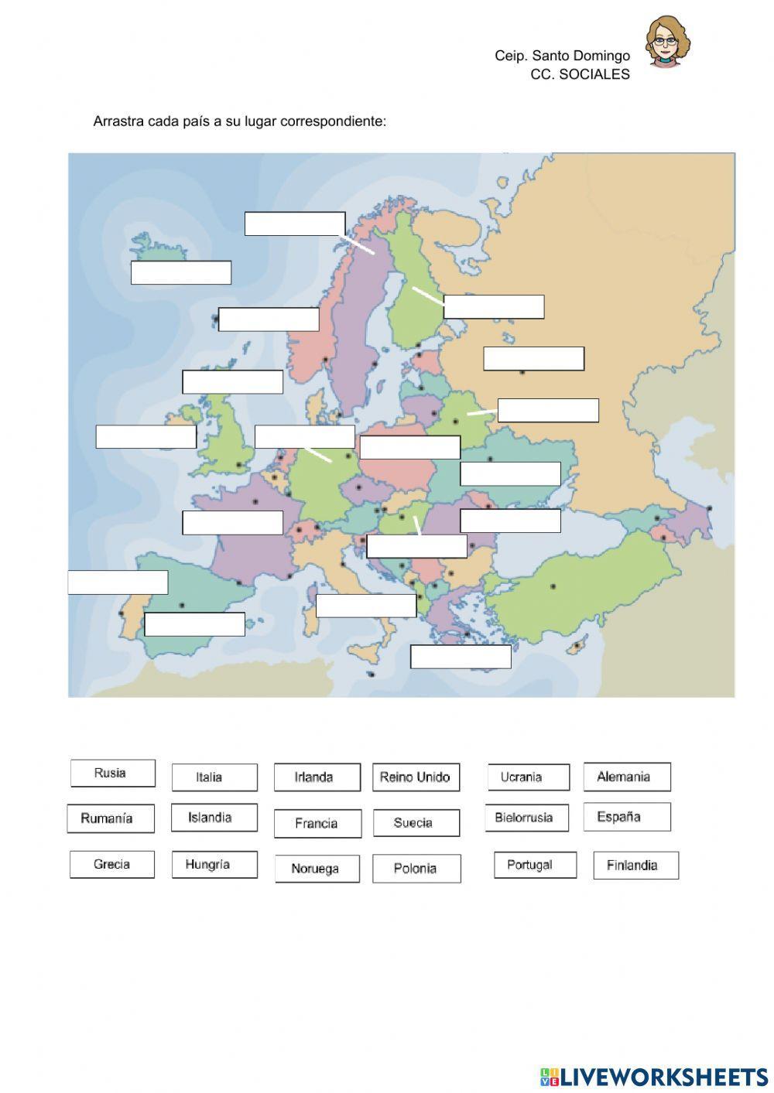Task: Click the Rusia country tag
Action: tap(112, 774)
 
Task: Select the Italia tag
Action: tap(214, 777)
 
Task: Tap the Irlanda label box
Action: tap(317, 777)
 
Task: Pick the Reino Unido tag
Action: tap(416, 777)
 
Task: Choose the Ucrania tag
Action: tap(529, 777)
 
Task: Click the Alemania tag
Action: tap(627, 777)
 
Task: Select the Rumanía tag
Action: tap(111, 818)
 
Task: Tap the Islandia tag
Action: tap(214, 818)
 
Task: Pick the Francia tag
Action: tap(317, 824)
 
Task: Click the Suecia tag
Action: tap(416, 823)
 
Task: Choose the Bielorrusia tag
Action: tap(526, 818)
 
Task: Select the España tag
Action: tap(627, 817)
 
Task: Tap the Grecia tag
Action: tap(112, 865)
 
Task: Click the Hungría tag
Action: tap(214, 865)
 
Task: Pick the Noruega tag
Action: tap(317, 869)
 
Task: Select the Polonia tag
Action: tap(416, 869)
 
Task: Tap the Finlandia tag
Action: tap(635, 866)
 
